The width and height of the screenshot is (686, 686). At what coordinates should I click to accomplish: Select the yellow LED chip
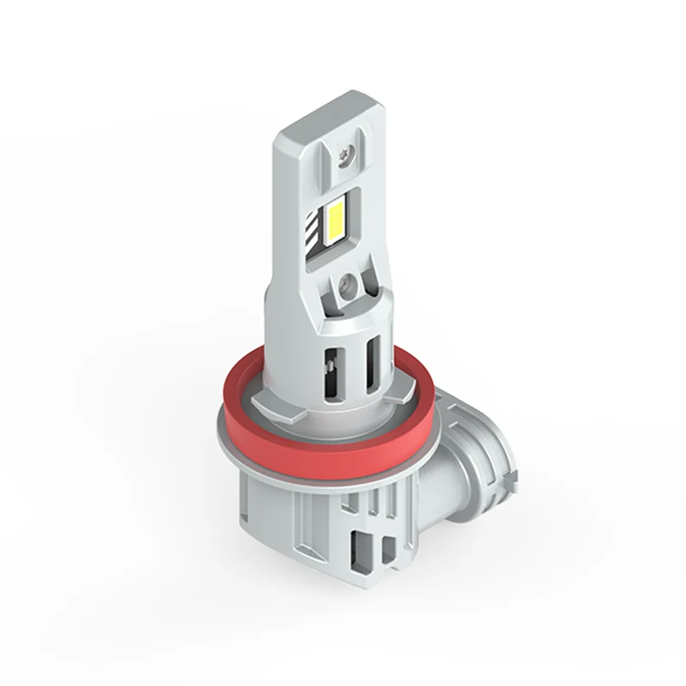point(336,217)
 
